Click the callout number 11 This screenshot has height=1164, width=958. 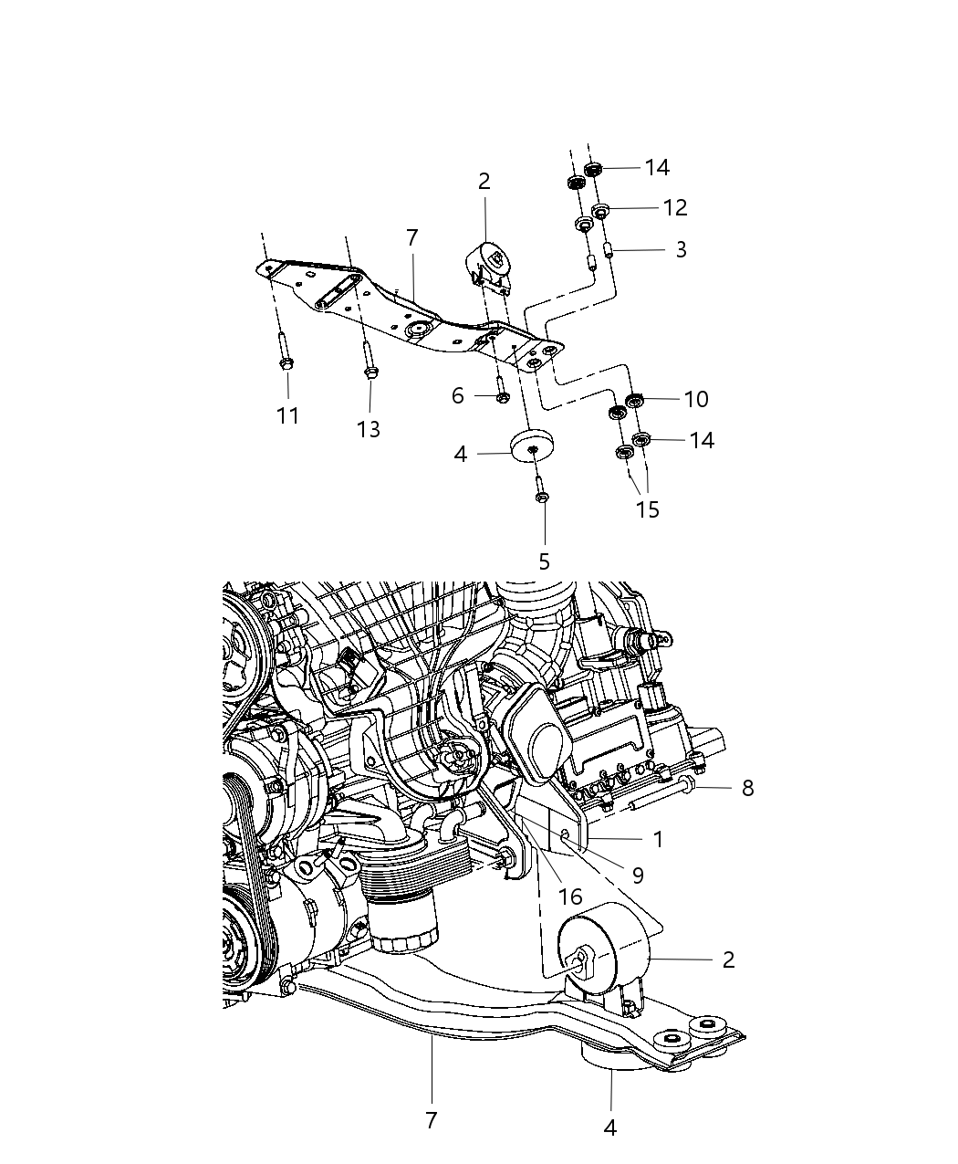click(288, 416)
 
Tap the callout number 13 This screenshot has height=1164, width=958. click(369, 429)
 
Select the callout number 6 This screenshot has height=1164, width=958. click(457, 395)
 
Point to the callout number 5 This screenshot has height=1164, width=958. click(545, 561)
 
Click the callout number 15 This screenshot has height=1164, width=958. click(647, 509)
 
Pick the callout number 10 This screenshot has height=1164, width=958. click(696, 399)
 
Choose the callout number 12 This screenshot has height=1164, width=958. click(674, 207)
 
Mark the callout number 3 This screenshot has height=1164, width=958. click(681, 249)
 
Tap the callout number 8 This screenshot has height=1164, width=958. click(747, 788)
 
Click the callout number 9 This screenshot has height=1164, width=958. click(638, 875)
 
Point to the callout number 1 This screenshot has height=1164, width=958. click(658, 839)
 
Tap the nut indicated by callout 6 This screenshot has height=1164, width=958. click(502, 395)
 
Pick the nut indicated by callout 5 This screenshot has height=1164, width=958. click(542, 497)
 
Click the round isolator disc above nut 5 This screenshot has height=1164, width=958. click(535, 446)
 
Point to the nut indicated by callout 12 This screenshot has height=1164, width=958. click(601, 211)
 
